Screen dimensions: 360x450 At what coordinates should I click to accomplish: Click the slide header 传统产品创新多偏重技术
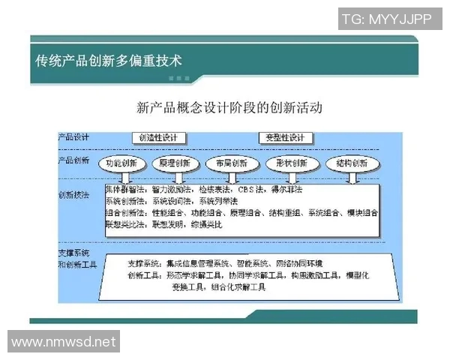pyautogui.click(x=109, y=60)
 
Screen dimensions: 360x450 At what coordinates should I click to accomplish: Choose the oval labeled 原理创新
pyautogui.click(x=175, y=163)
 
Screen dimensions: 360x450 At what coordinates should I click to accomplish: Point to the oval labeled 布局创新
pyautogui.click(x=230, y=163)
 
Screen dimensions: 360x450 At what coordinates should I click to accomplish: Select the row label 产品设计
pyautogui.click(x=74, y=136)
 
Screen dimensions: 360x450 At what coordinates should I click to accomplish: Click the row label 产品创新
pyautogui.click(x=74, y=160)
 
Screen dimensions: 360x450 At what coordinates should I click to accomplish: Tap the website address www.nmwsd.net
pyautogui.click(x=64, y=342)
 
